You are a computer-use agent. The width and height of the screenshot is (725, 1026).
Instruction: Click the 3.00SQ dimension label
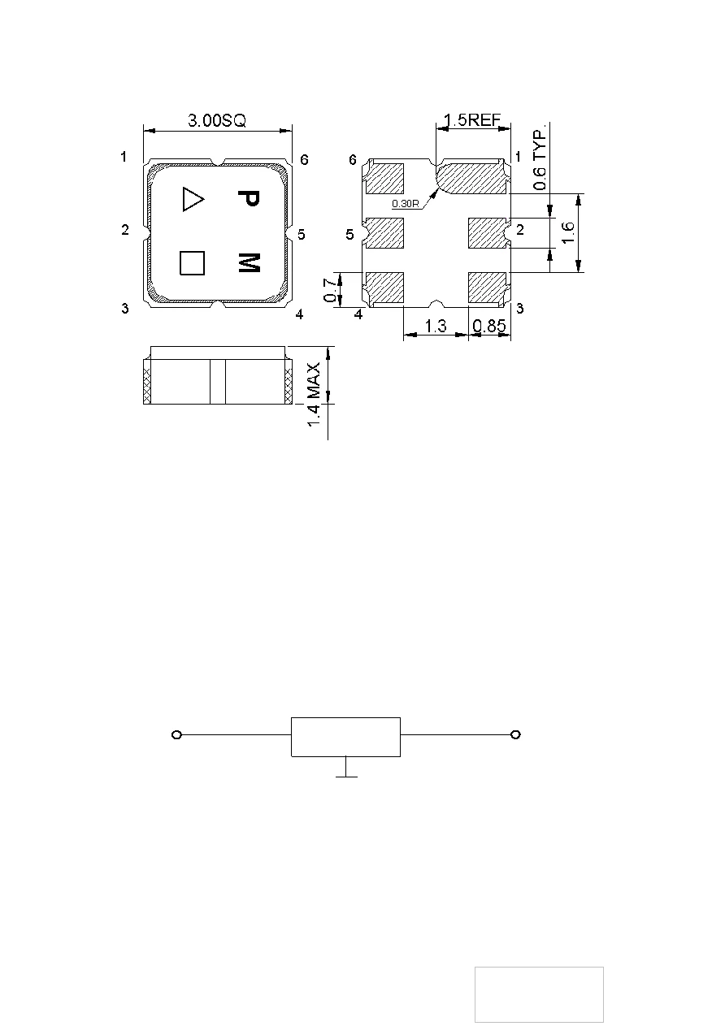click(x=217, y=120)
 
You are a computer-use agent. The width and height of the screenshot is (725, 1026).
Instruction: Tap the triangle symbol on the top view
click(x=193, y=199)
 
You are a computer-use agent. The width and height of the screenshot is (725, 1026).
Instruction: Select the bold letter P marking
click(x=250, y=198)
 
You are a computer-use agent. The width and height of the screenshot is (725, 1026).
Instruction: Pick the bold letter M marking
click(x=250, y=262)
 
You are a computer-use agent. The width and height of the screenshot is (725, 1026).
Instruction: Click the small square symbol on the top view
click(x=192, y=263)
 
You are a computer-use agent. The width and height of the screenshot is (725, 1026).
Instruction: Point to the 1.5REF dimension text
click(x=472, y=120)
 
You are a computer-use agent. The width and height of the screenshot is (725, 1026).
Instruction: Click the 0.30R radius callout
click(x=406, y=204)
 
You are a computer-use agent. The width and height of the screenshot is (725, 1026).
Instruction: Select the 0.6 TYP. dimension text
click(x=540, y=157)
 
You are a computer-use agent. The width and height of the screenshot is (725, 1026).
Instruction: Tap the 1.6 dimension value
click(x=567, y=232)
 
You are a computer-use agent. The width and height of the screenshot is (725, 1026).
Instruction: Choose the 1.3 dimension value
click(x=436, y=326)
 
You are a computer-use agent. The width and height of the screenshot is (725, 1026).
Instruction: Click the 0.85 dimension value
click(x=489, y=326)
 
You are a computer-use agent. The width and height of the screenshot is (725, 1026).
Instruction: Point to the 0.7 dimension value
click(x=330, y=290)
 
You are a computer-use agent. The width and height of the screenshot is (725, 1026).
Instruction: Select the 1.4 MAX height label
click(x=314, y=395)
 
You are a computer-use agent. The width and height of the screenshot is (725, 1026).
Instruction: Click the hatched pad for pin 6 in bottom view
click(x=384, y=178)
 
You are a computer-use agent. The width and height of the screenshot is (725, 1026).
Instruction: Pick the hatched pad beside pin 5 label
click(x=384, y=233)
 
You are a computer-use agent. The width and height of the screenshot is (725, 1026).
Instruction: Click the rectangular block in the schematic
click(x=346, y=737)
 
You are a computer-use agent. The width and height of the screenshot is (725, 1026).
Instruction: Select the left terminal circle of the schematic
click(x=176, y=735)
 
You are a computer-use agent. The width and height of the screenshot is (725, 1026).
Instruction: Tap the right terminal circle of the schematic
click(x=515, y=735)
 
